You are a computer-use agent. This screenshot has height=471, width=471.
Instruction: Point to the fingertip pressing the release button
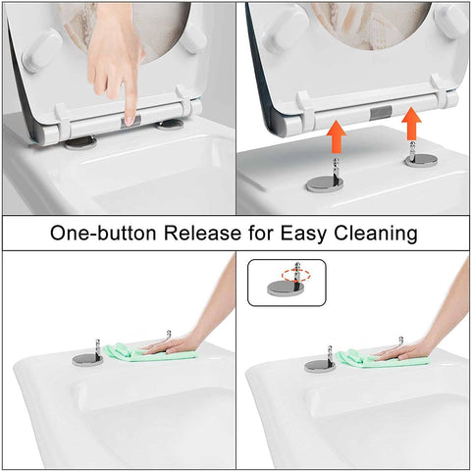(x=130, y=118)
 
